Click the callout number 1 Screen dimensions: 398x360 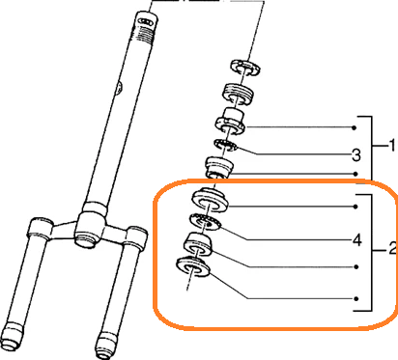[391, 146]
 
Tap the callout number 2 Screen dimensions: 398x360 [392, 249]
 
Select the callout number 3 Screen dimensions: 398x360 [355, 155]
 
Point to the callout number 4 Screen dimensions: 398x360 [356, 240]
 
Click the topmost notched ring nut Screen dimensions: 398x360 [245, 68]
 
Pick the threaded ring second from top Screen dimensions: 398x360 [238, 94]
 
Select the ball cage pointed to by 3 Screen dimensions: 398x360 [226, 145]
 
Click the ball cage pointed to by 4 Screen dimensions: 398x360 [204, 223]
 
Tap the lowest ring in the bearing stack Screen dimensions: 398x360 [193, 267]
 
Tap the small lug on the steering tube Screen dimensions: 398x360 [119, 88]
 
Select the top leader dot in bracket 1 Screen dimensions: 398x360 [355, 127]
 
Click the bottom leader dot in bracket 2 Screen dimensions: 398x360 [356, 299]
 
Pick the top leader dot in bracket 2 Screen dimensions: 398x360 [355, 207]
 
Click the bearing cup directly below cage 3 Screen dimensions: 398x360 [219, 166]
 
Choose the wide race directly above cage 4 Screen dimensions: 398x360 [211, 201]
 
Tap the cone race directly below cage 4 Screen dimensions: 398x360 [198, 244]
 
